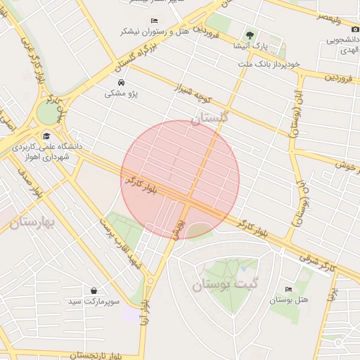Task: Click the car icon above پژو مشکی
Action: coord(121,82)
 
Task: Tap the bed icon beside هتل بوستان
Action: coord(288,290)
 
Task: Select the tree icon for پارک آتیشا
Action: coord(250,35)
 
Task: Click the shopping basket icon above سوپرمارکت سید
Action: coord(94,290)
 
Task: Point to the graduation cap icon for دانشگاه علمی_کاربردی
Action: coord(46,136)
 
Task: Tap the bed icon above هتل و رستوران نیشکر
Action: coord(154,20)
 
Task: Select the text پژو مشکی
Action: coord(122,93)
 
